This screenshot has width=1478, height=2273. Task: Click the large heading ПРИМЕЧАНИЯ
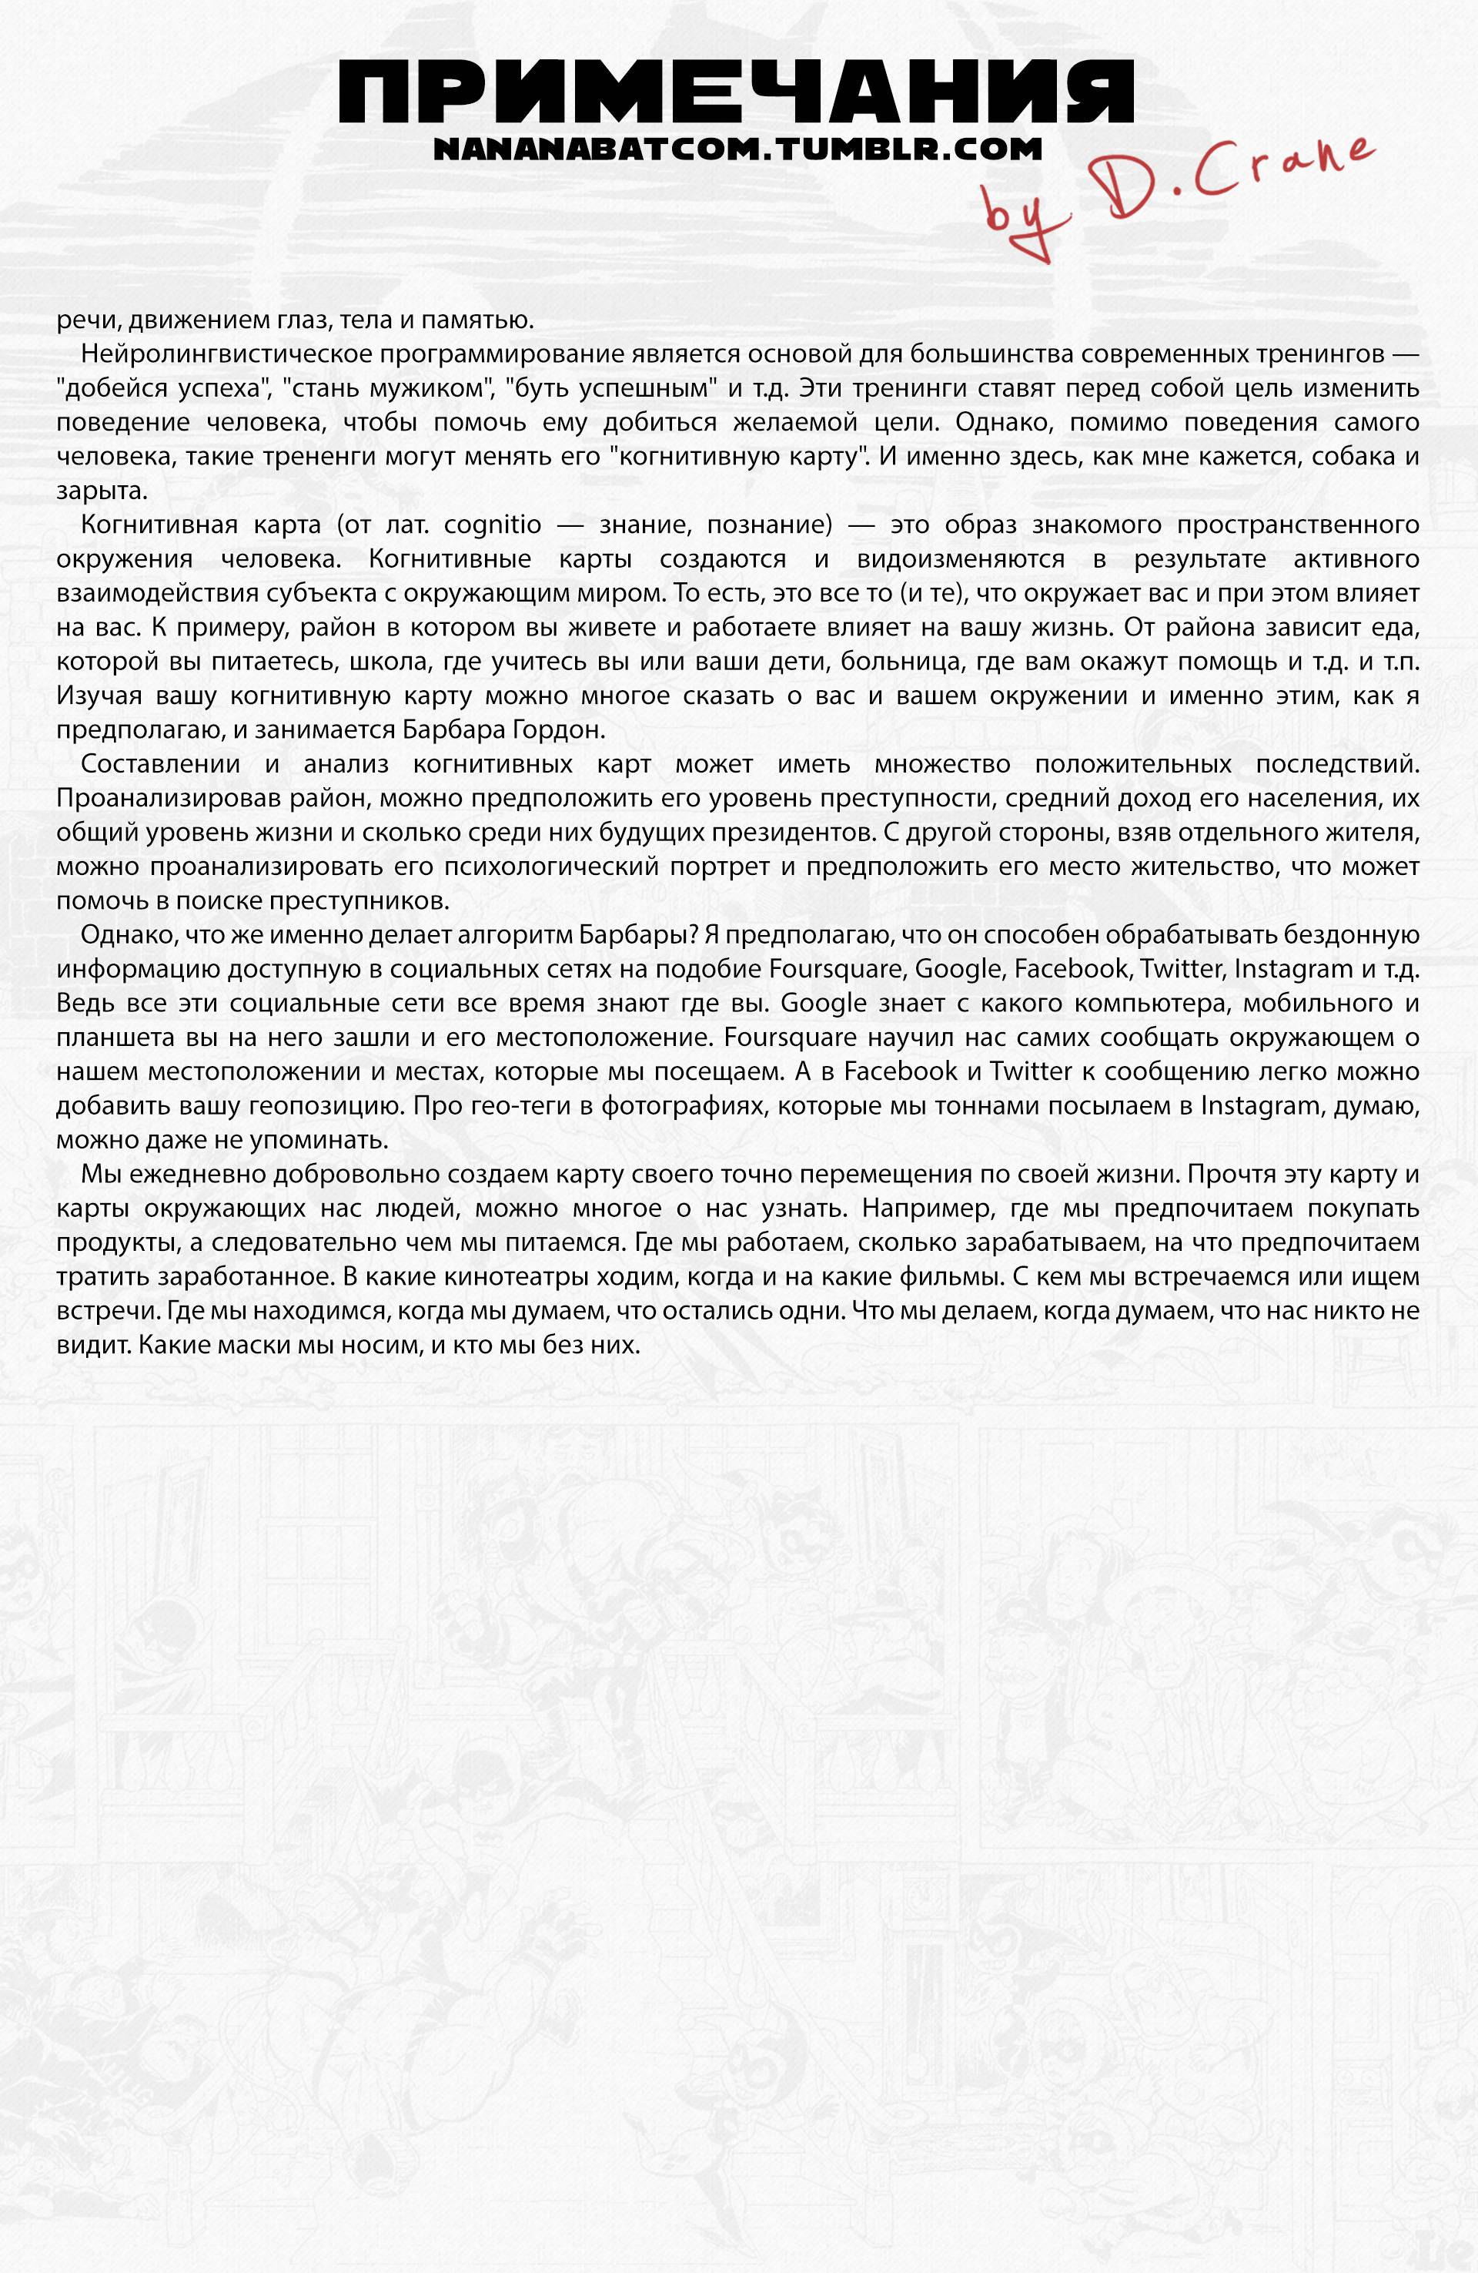736,92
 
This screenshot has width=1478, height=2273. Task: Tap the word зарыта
99,492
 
